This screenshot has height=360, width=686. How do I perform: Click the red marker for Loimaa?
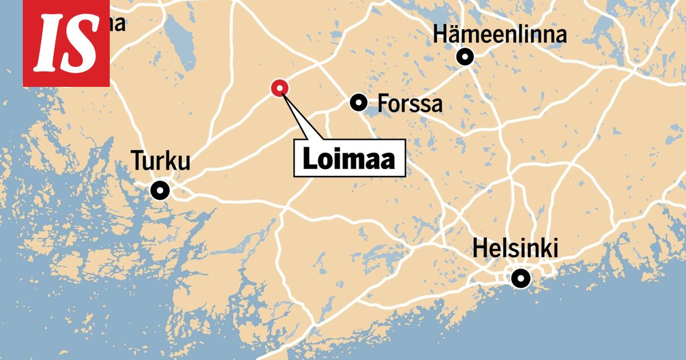[x=280, y=87]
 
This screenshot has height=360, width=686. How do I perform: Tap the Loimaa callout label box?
[x=349, y=158]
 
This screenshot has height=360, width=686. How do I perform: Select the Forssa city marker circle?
[x=358, y=103]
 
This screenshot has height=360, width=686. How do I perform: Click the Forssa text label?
[x=410, y=104]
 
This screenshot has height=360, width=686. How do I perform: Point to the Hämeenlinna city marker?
[x=465, y=57]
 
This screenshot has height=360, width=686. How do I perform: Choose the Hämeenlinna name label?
[x=500, y=34]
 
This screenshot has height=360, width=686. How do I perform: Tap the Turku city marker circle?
[x=160, y=190]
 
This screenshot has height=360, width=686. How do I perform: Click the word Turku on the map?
[x=161, y=161]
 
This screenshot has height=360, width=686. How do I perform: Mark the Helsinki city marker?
[x=520, y=278]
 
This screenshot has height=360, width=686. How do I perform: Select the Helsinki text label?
[x=515, y=250]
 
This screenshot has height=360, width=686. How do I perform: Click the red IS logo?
[x=66, y=43]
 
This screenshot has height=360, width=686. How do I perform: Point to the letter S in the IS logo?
[x=79, y=43]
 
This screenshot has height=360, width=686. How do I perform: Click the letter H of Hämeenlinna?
[x=441, y=34]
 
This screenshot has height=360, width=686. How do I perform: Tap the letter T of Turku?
[x=138, y=161]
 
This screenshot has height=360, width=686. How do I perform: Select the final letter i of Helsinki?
[x=554, y=250]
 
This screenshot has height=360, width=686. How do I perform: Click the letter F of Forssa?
[x=383, y=104]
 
